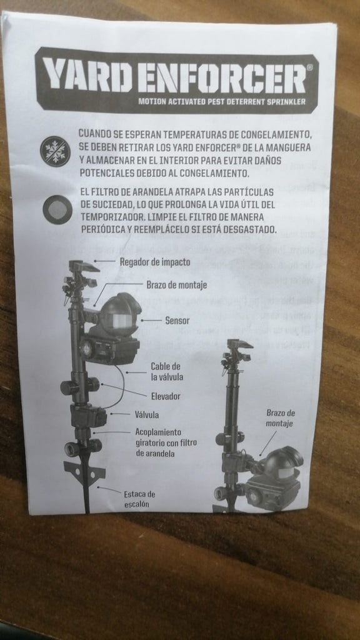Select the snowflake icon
coord(56,151)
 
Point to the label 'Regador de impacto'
coord(155,262)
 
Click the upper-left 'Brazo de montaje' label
coord(177,285)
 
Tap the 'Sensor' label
coord(177,321)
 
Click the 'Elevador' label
coord(166,396)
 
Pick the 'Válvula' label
coord(147,414)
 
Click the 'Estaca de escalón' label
coord(139,499)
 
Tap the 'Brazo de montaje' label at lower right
coord(281,417)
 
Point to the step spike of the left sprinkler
coord(82,475)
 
